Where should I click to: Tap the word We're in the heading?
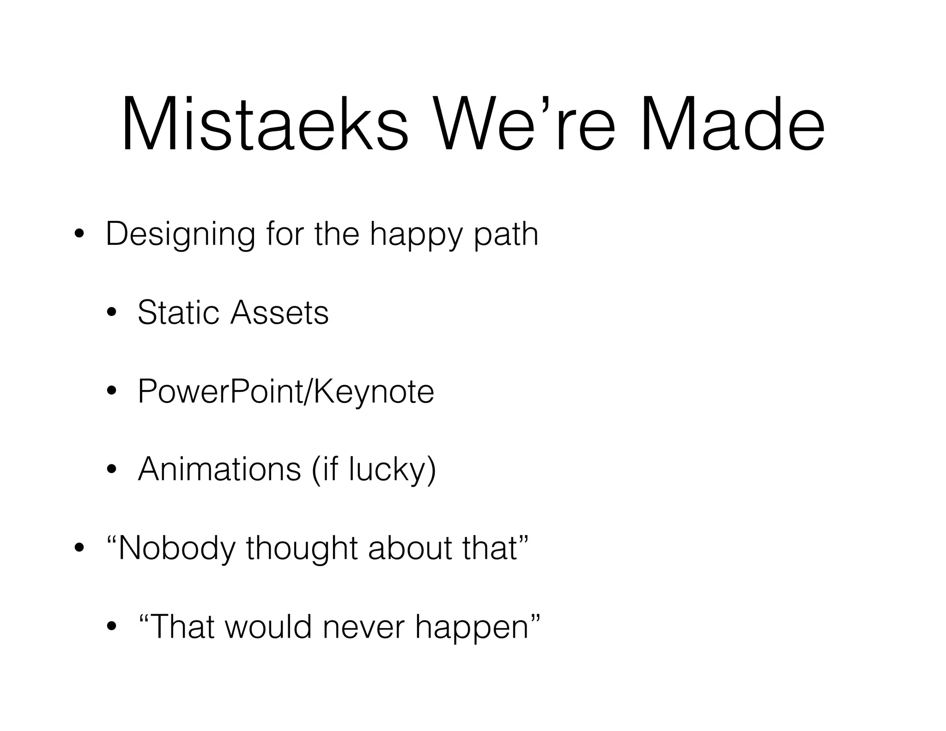click(524, 125)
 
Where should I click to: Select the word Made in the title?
click(732, 125)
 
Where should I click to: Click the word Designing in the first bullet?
click(180, 235)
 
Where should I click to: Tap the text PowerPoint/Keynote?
click(285, 392)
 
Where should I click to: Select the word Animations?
click(219, 469)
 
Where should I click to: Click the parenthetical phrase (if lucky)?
click(374, 470)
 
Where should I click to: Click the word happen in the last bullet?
click(471, 627)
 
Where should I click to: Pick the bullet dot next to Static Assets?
click(111, 313)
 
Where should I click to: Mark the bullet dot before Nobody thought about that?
click(79, 548)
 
